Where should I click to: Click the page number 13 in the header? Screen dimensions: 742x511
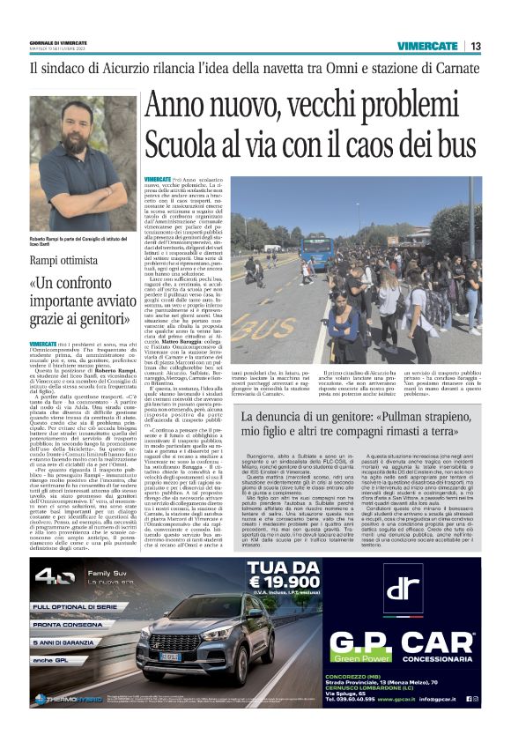[476, 46]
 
